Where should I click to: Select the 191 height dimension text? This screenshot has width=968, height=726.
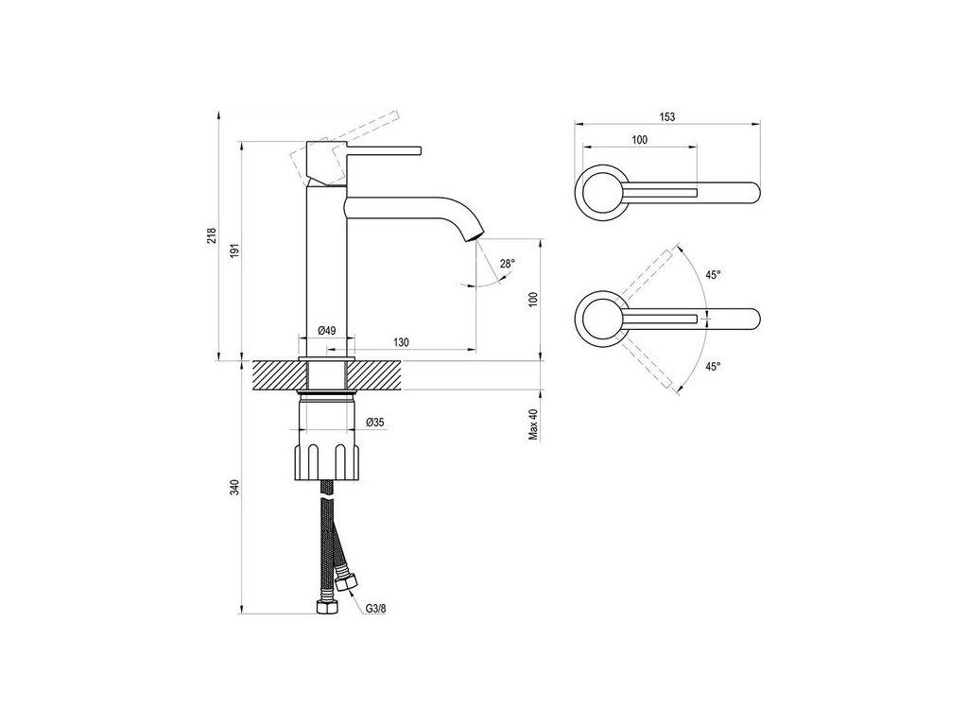point(236,251)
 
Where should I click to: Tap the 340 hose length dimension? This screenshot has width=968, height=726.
point(236,487)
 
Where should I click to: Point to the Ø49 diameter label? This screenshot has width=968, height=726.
point(327,330)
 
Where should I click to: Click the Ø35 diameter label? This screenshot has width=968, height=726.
point(376,423)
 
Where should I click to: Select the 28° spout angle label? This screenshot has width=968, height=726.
point(507,265)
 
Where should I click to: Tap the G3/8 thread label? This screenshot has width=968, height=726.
point(376,610)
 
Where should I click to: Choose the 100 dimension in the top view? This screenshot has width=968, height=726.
point(639,140)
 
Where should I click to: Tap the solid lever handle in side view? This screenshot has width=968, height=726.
point(383,149)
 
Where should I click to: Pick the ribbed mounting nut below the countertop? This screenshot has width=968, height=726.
point(327,459)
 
